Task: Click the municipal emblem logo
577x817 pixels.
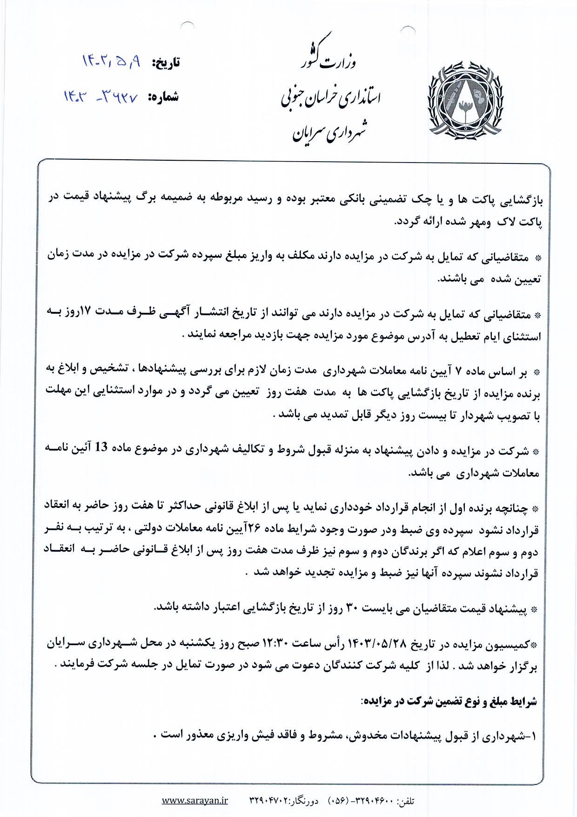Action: click(465, 100)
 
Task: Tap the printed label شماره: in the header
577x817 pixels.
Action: click(163, 97)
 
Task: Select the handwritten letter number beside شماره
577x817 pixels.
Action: click(101, 96)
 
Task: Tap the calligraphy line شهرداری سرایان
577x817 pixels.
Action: click(329, 132)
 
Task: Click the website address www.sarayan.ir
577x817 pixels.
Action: click(195, 800)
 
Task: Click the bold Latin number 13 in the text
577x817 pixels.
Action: click(101, 447)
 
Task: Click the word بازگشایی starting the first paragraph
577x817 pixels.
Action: click(521, 200)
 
